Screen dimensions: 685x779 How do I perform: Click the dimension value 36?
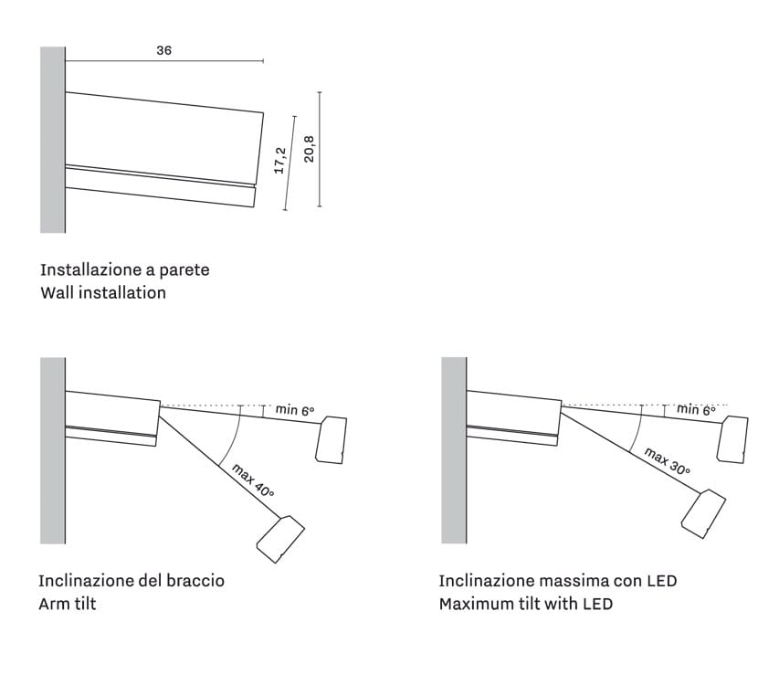point(163,51)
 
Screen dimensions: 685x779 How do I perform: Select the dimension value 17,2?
point(280,161)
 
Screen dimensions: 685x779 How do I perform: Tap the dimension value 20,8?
point(309,148)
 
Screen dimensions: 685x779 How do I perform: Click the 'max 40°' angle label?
point(253,480)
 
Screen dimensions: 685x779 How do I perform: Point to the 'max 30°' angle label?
point(667,461)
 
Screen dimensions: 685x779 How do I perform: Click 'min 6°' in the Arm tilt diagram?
point(295,411)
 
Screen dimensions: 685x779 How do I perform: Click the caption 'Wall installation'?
point(103,293)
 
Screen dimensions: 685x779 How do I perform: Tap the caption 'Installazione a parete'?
point(124,270)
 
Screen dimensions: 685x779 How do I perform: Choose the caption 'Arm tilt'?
point(67,604)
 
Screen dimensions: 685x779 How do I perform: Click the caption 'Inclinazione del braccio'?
point(132,581)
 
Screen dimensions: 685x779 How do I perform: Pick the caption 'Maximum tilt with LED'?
point(525,604)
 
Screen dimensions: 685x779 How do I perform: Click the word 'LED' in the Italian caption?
point(661,581)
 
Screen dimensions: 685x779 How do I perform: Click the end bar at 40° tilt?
point(280,539)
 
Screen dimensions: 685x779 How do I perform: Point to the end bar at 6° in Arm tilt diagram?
point(331,439)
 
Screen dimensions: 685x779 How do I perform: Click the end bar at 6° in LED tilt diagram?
point(733,439)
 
